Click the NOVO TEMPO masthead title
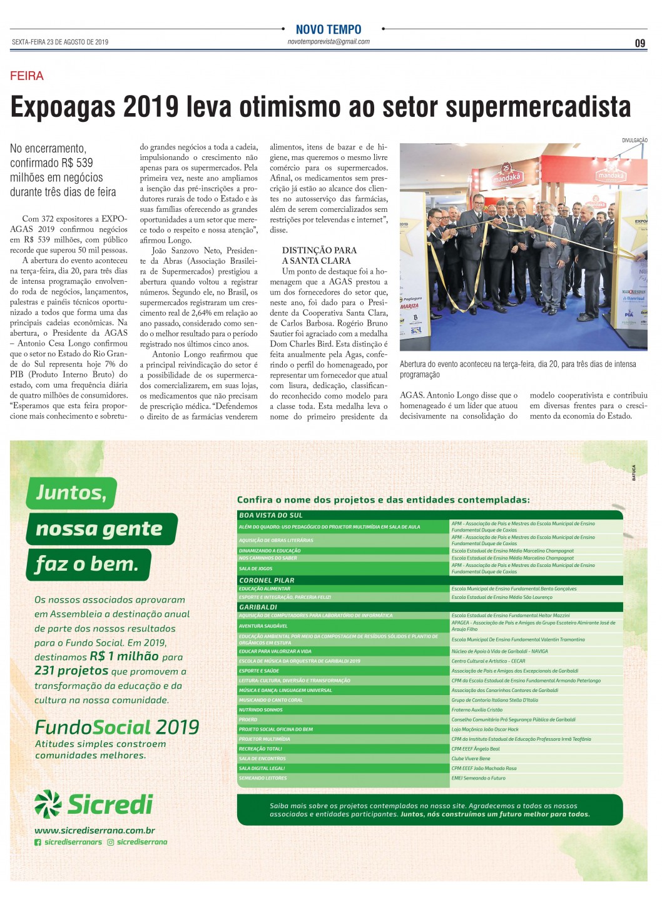pos(328,29)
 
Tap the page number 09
pos(639,43)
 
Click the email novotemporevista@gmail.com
pos(328,42)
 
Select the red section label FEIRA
pos(27,76)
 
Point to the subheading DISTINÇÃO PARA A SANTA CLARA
pos(319,256)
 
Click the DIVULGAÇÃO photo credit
pos(634,140)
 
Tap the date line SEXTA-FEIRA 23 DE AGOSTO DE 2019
pos(60,42)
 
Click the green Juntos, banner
pos(71,493)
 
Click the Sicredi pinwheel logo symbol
pos(48,804)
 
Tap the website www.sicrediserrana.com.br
pos(94,831)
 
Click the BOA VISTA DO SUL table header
pos(271,515)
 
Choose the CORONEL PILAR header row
pos(267,580)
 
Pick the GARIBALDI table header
pos(258,607)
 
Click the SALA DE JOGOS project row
pos(256,569)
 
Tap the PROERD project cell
pos(248,719)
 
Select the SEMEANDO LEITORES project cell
pos(263,778)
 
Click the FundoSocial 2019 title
pos(117,727)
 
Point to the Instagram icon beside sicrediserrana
pos(111,843)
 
